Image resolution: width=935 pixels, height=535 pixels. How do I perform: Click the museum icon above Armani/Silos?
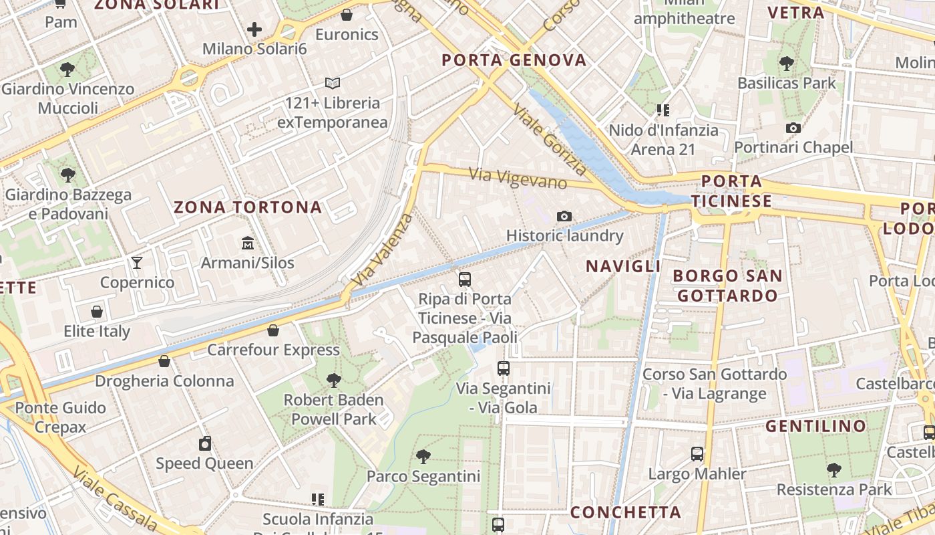[248, 243]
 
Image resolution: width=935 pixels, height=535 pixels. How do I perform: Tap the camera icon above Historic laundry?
[564, 216]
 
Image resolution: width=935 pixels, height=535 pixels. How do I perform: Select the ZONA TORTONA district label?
[248, 207]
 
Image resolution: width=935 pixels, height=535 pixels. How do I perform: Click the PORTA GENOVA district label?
[514, 60]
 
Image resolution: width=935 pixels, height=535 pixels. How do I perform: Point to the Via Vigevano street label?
[518, 178]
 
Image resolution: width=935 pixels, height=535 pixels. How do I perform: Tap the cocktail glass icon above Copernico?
[137, 263]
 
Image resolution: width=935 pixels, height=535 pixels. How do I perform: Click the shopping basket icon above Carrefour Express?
[272, 330]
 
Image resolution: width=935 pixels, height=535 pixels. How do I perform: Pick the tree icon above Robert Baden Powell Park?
[333, 381]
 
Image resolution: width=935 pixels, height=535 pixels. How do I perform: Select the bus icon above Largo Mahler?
[697, 454]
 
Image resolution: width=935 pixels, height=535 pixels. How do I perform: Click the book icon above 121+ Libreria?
[333, 84]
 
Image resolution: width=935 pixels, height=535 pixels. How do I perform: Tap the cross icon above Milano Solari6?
[254, 29]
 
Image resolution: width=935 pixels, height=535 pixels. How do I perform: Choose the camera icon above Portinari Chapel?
[793, 128]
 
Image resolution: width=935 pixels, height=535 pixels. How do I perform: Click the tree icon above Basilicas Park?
[787, 64]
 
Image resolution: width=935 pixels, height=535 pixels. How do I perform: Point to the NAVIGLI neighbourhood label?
[623, 266]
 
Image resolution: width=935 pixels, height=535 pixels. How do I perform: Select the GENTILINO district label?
[815, 426]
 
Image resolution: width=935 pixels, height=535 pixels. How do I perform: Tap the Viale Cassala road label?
[115, 500]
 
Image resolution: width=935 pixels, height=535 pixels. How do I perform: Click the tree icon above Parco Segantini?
[423, 457]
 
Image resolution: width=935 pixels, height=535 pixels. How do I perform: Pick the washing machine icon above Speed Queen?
[204, 443]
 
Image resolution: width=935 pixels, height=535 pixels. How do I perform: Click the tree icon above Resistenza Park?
[833, 470]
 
